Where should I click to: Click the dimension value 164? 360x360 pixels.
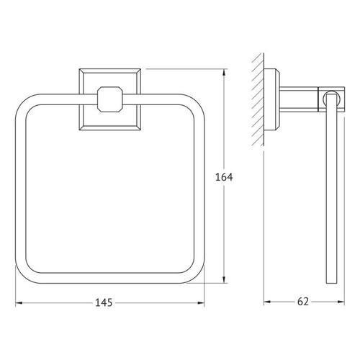[224, 177]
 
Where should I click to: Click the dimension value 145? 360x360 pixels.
[104, 302]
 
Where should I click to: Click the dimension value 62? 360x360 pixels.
[303, 302]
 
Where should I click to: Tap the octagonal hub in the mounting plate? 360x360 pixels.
[109, 99]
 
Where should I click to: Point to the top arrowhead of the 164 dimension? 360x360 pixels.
[224, 73]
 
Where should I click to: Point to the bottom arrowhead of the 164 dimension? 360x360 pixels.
[224, 279]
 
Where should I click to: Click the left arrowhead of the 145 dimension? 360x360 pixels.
[19, 303]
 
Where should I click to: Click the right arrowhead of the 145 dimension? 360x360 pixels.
[201, 303]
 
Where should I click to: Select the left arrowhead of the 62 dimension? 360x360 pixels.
[268, 302]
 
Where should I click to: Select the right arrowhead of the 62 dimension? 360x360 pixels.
[341, 302]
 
